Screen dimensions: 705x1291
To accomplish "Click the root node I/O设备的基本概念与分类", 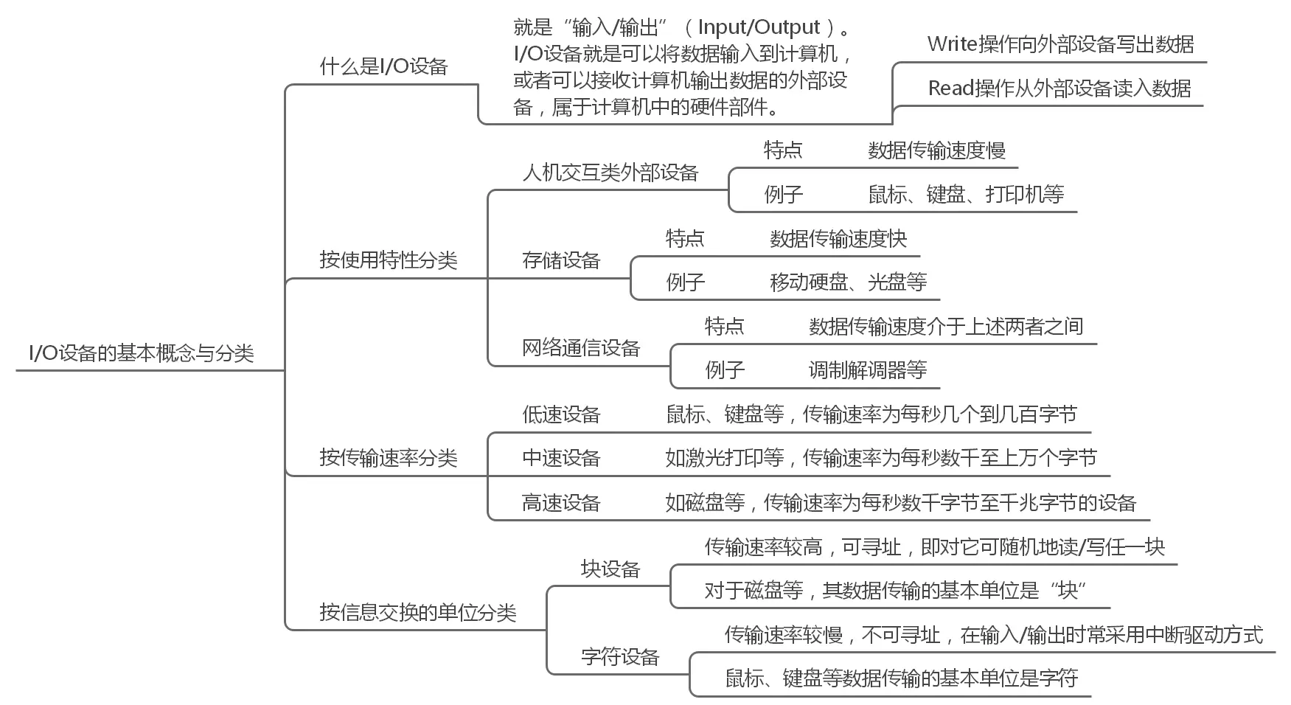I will pos(142,353).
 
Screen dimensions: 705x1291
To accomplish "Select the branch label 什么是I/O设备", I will pos(383,67).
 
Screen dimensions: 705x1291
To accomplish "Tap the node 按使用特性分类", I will pos(388,260).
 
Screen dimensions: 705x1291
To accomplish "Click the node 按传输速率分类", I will pos(388,458).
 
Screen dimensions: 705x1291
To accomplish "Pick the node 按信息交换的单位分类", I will pos(417,612).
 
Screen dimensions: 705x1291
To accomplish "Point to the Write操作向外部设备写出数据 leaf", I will pos(1060,45).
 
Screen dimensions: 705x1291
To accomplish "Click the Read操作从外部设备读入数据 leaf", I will pos(1059,88).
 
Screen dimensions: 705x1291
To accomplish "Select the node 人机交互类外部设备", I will pos(610,173).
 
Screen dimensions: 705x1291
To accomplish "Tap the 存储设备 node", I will pos(561,260).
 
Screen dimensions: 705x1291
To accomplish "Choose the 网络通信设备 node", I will pos(581,348).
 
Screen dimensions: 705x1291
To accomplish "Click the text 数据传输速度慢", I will pos(936,150).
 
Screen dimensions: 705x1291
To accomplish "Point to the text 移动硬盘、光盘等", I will pos(848,282).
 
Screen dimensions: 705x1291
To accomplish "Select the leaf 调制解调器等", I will pos(867,369).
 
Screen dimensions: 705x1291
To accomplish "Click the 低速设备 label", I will pos(561,414).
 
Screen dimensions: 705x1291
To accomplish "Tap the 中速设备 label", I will pos(561,458).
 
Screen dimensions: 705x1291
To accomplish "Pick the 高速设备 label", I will pos(561,503).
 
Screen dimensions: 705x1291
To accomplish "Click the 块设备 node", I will pos(610,569).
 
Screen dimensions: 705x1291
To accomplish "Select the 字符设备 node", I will pos(620,656).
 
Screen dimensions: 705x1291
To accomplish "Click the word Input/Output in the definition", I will pos(759,28).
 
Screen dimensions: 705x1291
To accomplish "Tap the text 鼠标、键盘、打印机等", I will pos(966,195).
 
